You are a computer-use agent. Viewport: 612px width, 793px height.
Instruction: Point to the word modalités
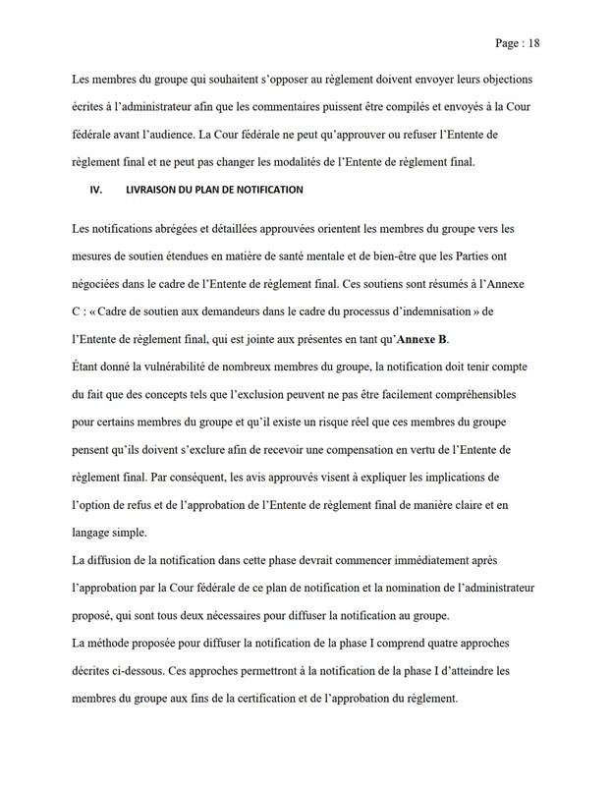[317, 161]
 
